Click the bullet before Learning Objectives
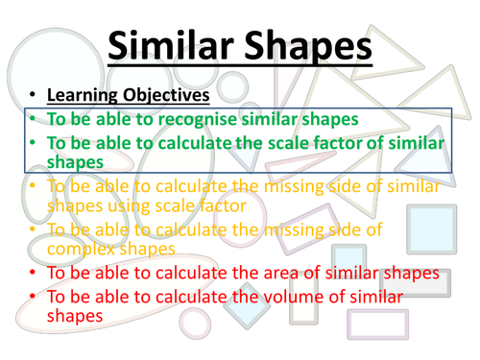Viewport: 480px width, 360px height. tap(32, 97)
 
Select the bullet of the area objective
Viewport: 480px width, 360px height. tap(32, 274)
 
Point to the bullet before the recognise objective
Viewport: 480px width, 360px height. tap(32, 120)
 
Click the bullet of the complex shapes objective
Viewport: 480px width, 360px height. tap(32, 229)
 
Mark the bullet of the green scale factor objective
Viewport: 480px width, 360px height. tap(32, 142)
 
